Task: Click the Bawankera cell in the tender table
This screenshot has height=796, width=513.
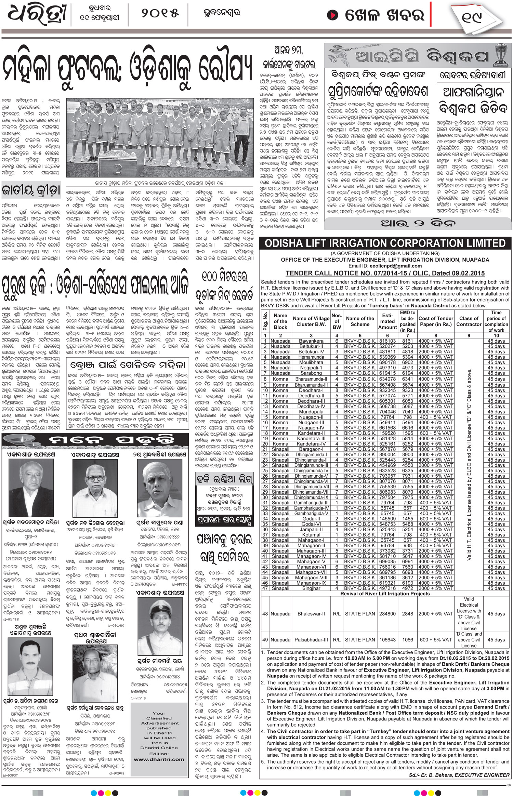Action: pos(311,341)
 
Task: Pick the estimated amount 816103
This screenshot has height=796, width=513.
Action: pos(387,341)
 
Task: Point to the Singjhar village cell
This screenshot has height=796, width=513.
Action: pos(311,588)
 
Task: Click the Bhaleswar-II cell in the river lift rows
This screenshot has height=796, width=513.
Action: pos(311,614)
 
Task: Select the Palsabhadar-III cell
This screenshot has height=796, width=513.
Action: pos(311,640)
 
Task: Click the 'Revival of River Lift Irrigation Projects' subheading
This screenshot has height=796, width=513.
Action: pos(385,594)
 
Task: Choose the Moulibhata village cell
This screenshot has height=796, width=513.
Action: pos(311,362)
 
